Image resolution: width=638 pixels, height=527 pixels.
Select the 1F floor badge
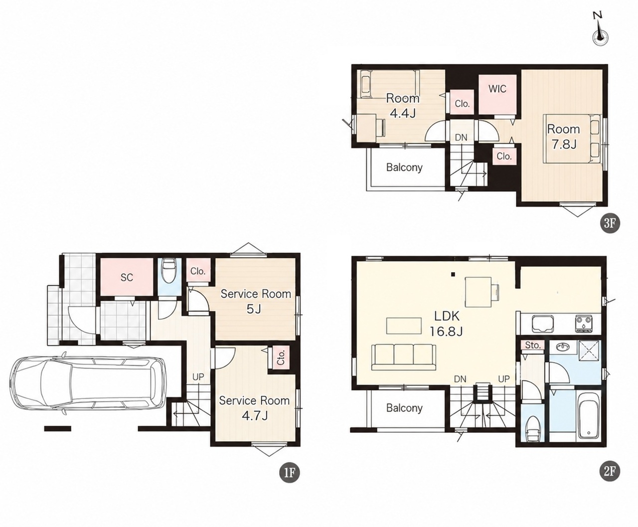290,482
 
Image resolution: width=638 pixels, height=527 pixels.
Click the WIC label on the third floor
497,89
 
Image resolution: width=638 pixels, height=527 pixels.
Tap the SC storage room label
127,278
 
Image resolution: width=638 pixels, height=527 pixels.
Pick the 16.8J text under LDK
447,331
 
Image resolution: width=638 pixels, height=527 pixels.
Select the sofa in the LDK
404,357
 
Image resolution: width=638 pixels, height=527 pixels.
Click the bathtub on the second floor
589,416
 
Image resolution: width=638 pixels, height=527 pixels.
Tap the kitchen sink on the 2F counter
542,324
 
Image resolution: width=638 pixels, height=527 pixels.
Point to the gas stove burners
584,324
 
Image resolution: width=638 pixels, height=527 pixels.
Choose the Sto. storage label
533,346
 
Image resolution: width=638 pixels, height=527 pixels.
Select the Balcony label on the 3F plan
404,167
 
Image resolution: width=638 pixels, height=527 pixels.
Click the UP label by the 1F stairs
198,377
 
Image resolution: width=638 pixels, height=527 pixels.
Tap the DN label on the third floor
461,138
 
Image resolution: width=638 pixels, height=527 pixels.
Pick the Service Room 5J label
256,302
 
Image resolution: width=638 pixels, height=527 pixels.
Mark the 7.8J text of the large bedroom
564,144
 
